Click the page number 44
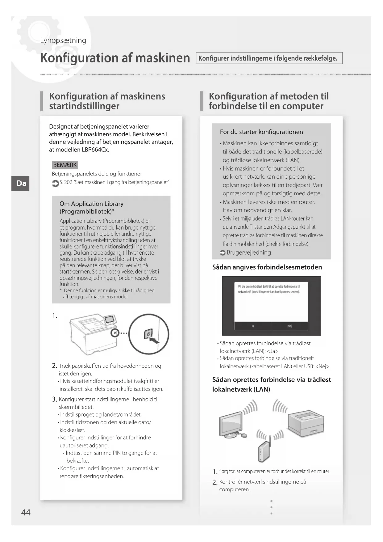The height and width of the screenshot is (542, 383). click(x=26, y=512)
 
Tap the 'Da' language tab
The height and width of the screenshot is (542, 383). click(x=21, y=183)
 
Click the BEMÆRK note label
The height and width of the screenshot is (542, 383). click(x=65, y=165)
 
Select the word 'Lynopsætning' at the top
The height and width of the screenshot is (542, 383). click(x=63, y=40)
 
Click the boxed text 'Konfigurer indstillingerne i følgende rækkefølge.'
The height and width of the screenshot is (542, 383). click(x=269, y=58)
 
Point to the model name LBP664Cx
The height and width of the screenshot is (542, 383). click(x=95, y=150)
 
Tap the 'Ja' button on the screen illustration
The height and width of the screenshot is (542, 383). click(x=253, y=326)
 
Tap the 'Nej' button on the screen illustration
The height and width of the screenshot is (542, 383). click(x=289, y=326)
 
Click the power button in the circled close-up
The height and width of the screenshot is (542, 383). click(x=148, y=334)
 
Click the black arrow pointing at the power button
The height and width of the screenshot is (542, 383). click(x=154, y=340)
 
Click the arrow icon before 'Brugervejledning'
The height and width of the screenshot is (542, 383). click(x=223, y=253)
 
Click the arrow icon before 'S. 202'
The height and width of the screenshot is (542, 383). click(x=55, y=183)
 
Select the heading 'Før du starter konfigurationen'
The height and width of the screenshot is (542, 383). click(x=261, y=132)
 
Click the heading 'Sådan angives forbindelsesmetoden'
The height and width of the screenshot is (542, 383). click(x=267, y=267)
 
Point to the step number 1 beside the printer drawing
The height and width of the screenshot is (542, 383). click(x=55, y=315)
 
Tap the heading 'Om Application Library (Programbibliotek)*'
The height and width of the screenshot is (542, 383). click(x=91, y=207)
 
